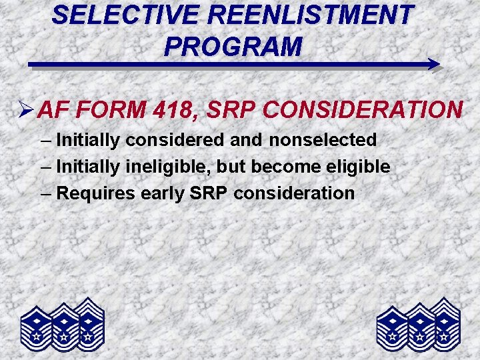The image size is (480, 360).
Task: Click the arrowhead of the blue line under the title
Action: (433, 65)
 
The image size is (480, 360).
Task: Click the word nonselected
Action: (323, 140)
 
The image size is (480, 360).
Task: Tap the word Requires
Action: (96, 193)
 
